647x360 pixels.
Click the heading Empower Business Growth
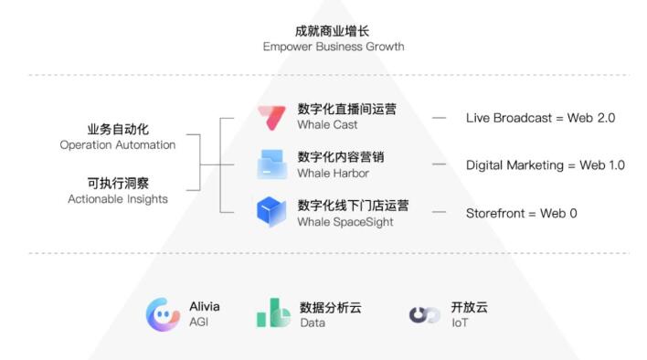pos(333,47)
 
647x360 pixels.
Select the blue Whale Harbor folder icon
pos(272,164)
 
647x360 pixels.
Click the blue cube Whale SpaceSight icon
pos(271,212)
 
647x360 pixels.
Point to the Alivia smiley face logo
pos(163,314)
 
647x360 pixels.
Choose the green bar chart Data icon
pos(273,313)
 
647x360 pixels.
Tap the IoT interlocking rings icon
pos(424,315)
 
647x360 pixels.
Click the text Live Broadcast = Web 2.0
pos(540,118)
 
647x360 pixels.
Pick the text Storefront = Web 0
pos(521,213)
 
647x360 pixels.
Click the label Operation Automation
pos(117,144)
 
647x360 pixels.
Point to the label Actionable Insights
pos(118,198)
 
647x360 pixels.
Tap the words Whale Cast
pos(327,125)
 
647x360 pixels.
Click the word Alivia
pos(204,307)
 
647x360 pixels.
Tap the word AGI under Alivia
pos(198,323)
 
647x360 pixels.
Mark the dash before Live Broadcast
pos(440,118)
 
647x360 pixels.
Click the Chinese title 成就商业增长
pos(333,30)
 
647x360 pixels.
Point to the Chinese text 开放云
pos(469,307)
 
